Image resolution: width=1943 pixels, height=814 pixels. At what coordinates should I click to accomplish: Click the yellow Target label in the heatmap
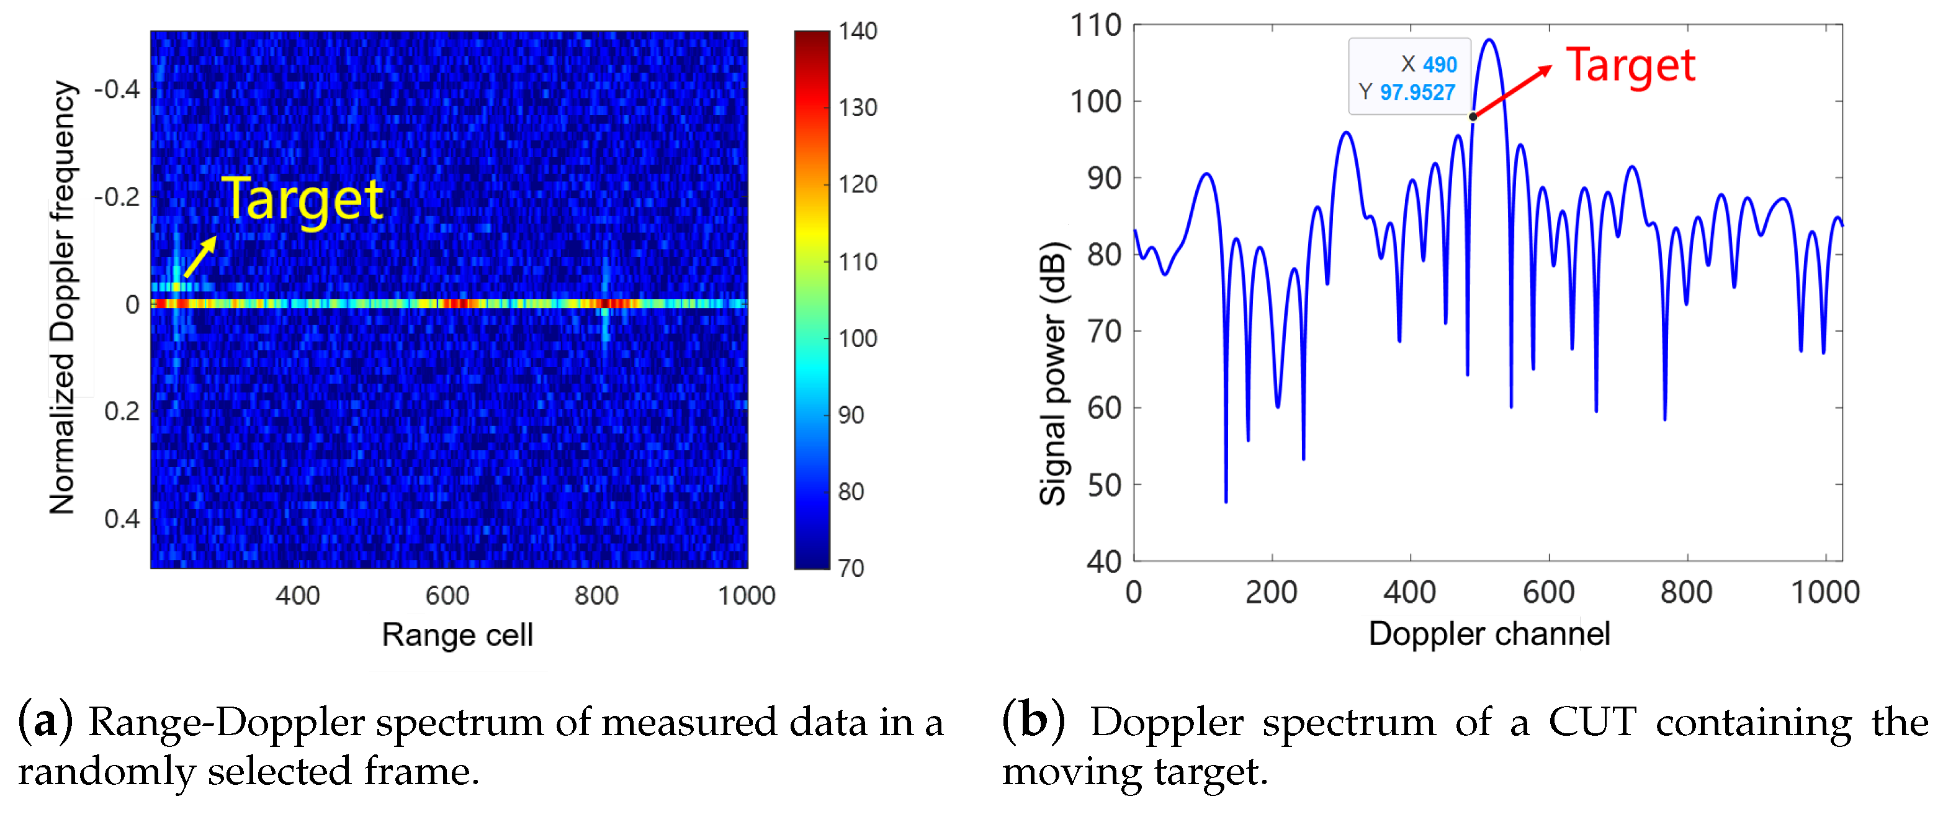click(302, 199)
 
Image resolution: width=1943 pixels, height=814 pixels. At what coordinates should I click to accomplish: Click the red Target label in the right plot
click(1630, 66)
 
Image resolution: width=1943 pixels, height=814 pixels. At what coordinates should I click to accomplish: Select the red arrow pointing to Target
click(1512, 92)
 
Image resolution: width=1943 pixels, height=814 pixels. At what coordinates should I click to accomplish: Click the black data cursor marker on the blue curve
click(1473, 117)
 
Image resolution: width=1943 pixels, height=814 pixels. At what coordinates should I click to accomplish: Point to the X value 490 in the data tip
click(1439, 65)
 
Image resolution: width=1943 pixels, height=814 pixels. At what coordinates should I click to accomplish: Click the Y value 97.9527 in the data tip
click(1417, 92)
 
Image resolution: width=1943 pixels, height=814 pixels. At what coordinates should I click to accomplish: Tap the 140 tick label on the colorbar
click(858, 31)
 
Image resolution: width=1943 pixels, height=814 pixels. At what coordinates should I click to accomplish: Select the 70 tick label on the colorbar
click(851, 568)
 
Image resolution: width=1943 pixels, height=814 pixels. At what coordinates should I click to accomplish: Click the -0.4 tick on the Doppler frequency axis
click(117, 90)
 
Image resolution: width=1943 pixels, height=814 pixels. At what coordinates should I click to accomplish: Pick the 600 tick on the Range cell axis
click(447, 596)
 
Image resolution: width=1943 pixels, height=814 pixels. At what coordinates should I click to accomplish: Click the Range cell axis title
click(457, 635)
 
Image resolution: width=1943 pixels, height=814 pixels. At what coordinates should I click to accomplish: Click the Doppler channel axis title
click(1489, 634)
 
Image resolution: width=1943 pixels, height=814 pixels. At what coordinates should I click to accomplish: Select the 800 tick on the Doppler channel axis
click(1686, 592)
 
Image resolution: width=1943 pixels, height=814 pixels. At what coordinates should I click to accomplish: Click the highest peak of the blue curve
click(1489, 40)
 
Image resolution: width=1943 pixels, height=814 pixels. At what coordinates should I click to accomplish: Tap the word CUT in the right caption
click(1592, 722)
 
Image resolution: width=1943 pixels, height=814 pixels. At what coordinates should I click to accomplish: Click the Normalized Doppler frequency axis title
click(63, 298)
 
